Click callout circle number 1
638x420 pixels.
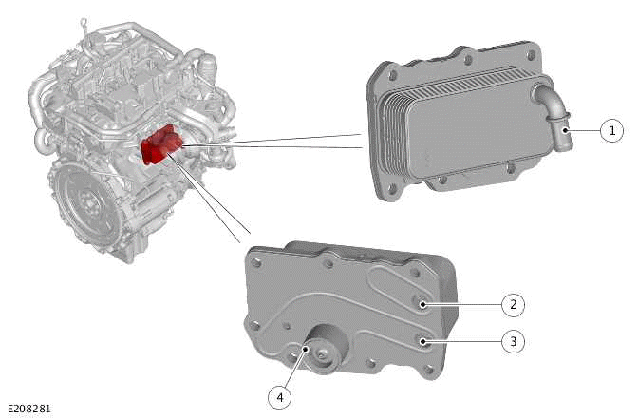(x=612, y=130)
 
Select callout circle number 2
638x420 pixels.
(x=514, y=305)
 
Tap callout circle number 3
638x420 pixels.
(x=514, y=340)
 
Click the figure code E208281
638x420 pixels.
(x=28, y=410)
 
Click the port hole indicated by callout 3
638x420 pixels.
(x=424, y=338)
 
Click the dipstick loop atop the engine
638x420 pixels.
(x=84, y=20)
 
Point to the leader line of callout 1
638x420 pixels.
(x=584, y=130)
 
